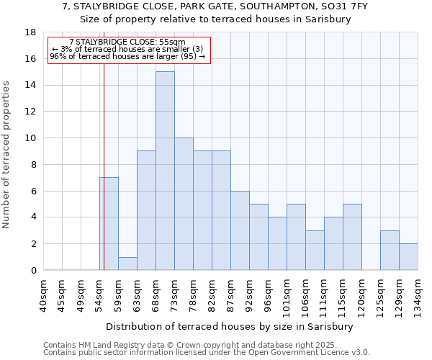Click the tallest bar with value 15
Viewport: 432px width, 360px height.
pyautogui.click(x=165, y=171)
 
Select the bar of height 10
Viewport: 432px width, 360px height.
pyautogui.click(x=184, y=204)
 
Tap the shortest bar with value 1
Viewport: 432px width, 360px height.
pyautogui.click(x=127, y=264)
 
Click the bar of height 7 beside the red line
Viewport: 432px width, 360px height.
pyautogui.click(x=109, y=223)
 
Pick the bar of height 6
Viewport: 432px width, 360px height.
pyautogui.click(x=240, y=230)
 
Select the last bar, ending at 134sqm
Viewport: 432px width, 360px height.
pyautogui.click(x=408, y=256)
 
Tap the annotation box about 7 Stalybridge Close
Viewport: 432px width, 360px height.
pyautogui.click(x=129, y=50)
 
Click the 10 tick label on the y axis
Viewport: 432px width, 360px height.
pyautogui.click(x=30, y=138)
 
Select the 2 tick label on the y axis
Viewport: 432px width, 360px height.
pyautogui.click(x=33, y=244)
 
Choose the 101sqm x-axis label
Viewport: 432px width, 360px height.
pyautogui.click(x=287, y=295)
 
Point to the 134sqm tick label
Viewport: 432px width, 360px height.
pyautogui.click(x=418, y=295)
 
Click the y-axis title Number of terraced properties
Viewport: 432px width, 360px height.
pyautogui.click(x=7, y=155)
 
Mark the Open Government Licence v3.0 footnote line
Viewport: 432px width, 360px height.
pyautogui.click(x=206, y=353)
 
